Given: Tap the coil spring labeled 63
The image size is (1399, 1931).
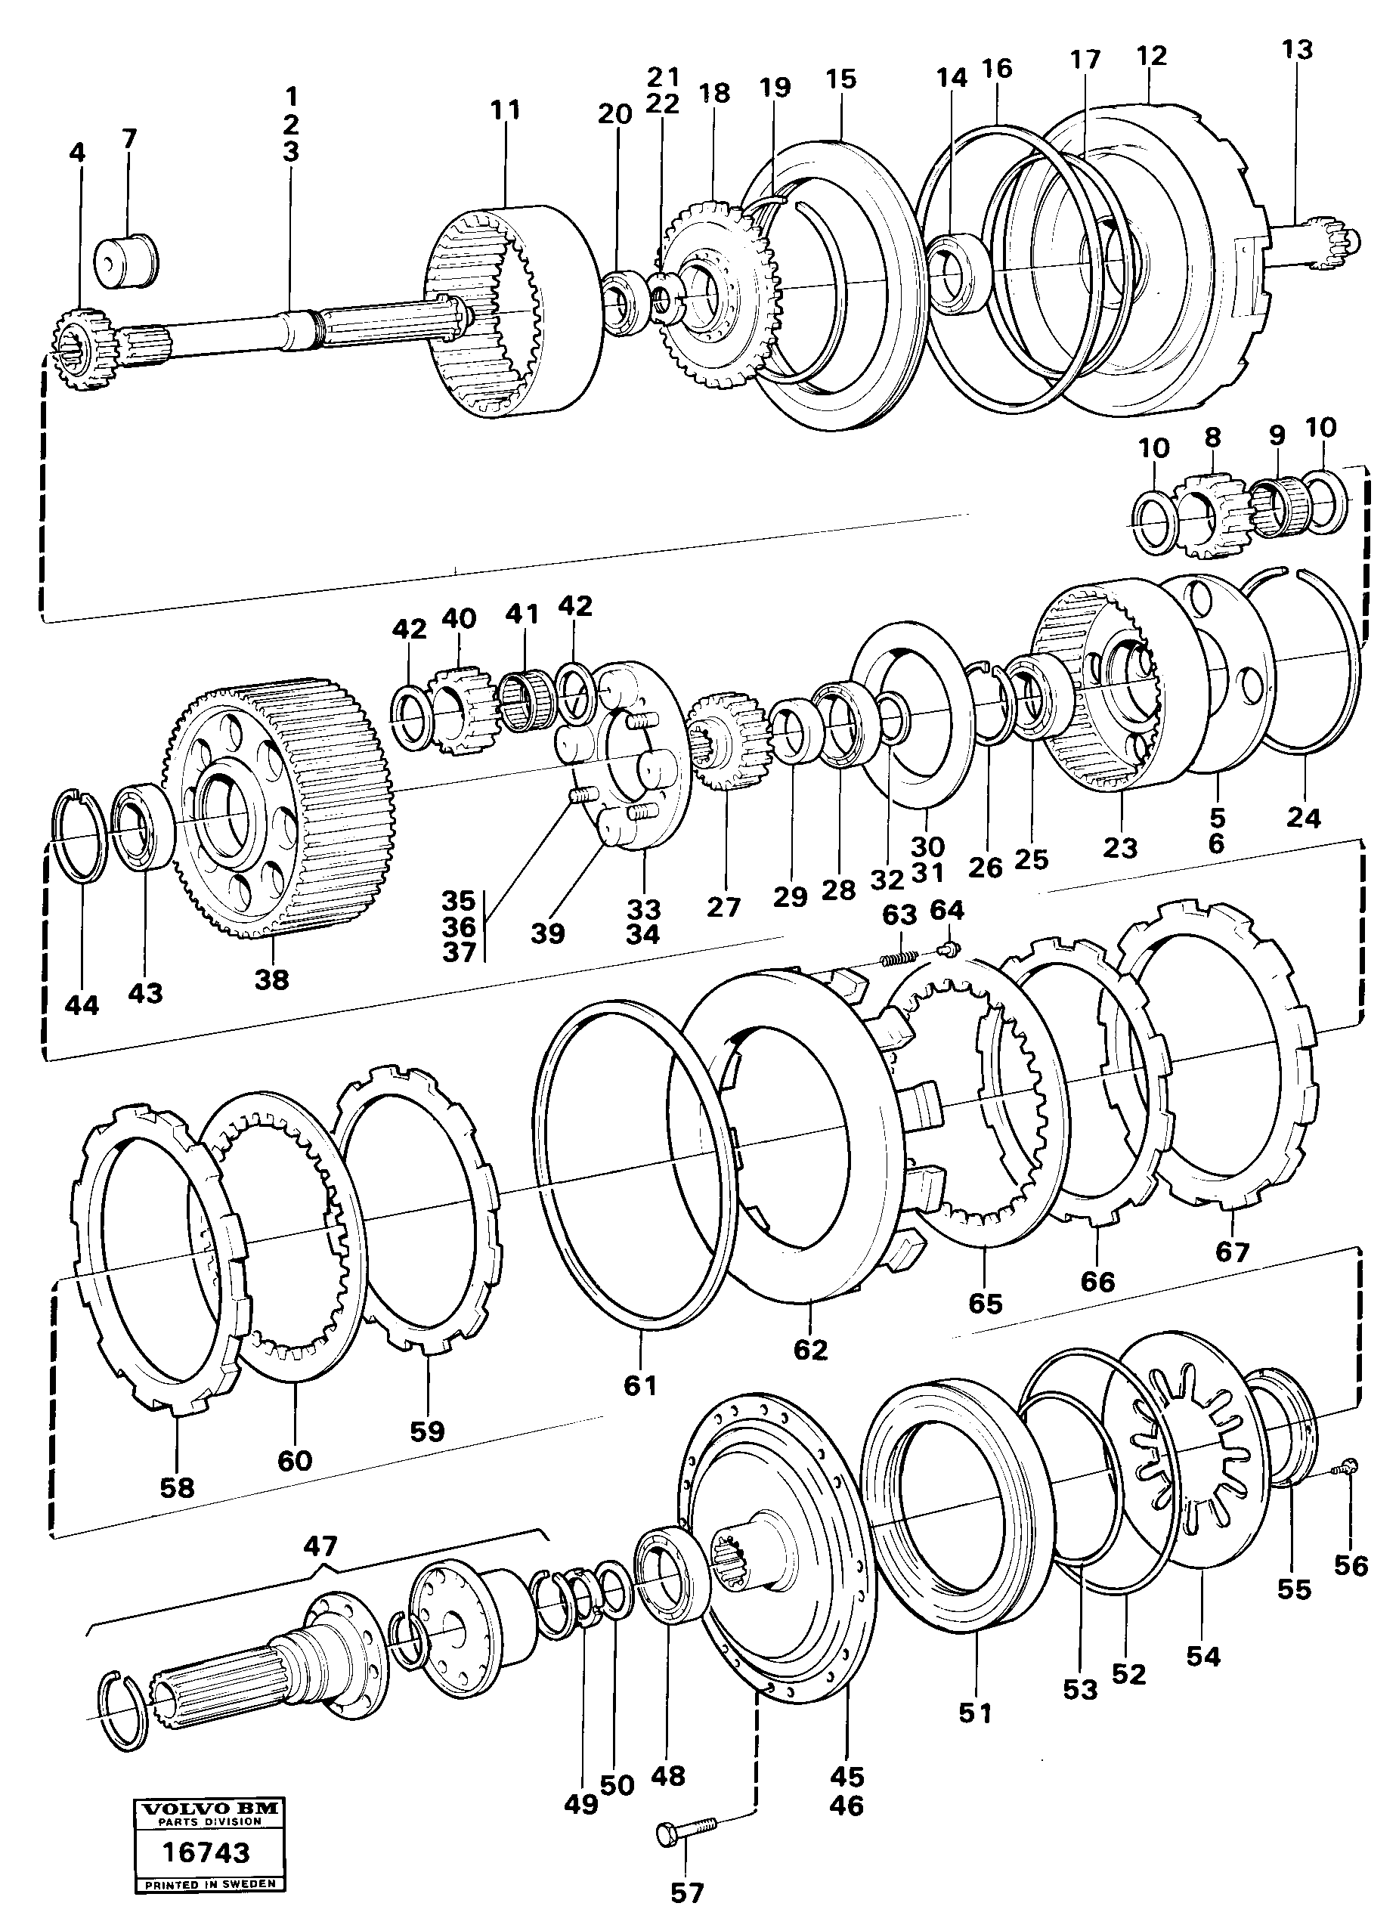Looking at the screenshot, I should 899,957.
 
